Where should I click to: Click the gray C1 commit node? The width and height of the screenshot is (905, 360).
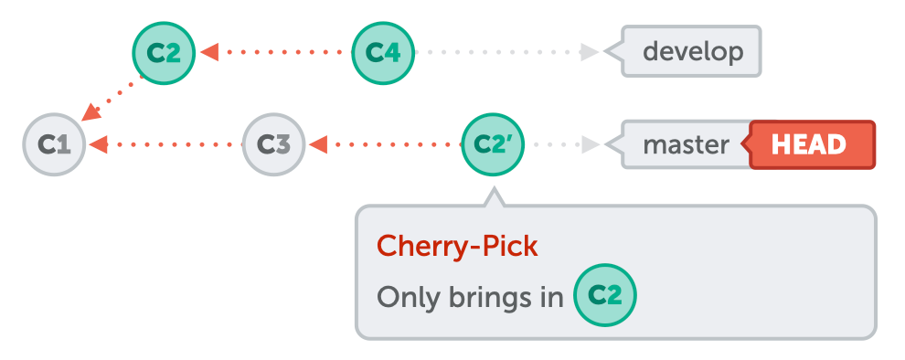pos(55,144)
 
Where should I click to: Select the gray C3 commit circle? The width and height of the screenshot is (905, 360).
pos(273,144)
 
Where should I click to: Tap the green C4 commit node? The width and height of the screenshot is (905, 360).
pos(384,52)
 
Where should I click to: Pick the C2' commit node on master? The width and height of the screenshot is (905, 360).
pos(493,144)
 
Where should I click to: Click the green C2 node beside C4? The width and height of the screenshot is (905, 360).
pos(165,52)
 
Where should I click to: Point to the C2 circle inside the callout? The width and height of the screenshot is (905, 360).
pos(604,296)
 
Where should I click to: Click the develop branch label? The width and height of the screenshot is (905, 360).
pos(693,51)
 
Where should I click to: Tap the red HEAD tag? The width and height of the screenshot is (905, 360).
pos(809,144)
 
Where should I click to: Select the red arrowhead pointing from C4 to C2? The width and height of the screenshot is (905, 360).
pos(209,52)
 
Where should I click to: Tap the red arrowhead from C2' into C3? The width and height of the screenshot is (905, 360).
pos(318,144)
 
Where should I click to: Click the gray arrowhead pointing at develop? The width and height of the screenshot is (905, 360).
pos(589,52)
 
